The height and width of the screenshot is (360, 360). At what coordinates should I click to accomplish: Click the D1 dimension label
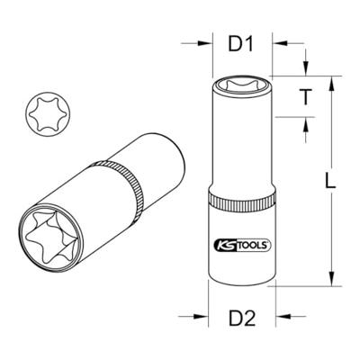[241, 45]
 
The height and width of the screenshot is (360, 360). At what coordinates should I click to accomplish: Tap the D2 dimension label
[242, 318]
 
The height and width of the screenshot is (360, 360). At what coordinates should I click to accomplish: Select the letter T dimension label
[305, 96]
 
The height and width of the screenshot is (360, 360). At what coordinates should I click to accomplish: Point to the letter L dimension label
[330, 181]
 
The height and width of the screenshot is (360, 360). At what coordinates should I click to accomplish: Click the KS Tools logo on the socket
[242, 245]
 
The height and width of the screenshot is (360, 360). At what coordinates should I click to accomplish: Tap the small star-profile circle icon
[48, 114]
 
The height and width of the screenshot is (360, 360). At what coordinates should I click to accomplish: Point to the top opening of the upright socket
[242, 85]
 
